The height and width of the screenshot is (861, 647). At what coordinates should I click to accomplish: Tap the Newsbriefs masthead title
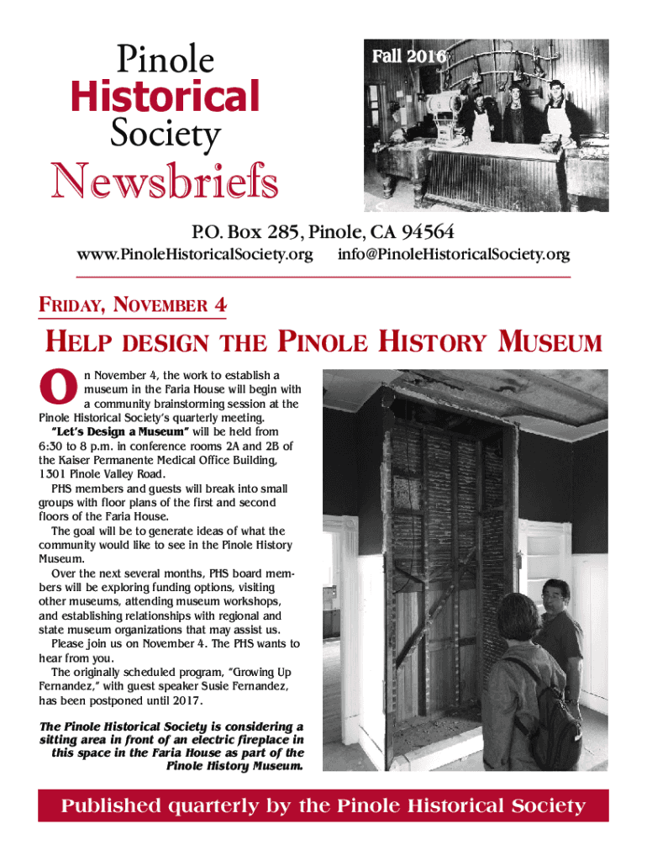166,179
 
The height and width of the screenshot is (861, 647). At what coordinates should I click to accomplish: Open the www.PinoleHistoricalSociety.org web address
195,254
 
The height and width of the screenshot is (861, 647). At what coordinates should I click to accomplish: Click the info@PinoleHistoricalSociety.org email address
454,254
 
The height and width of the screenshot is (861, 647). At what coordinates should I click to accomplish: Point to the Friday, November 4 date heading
133,306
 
